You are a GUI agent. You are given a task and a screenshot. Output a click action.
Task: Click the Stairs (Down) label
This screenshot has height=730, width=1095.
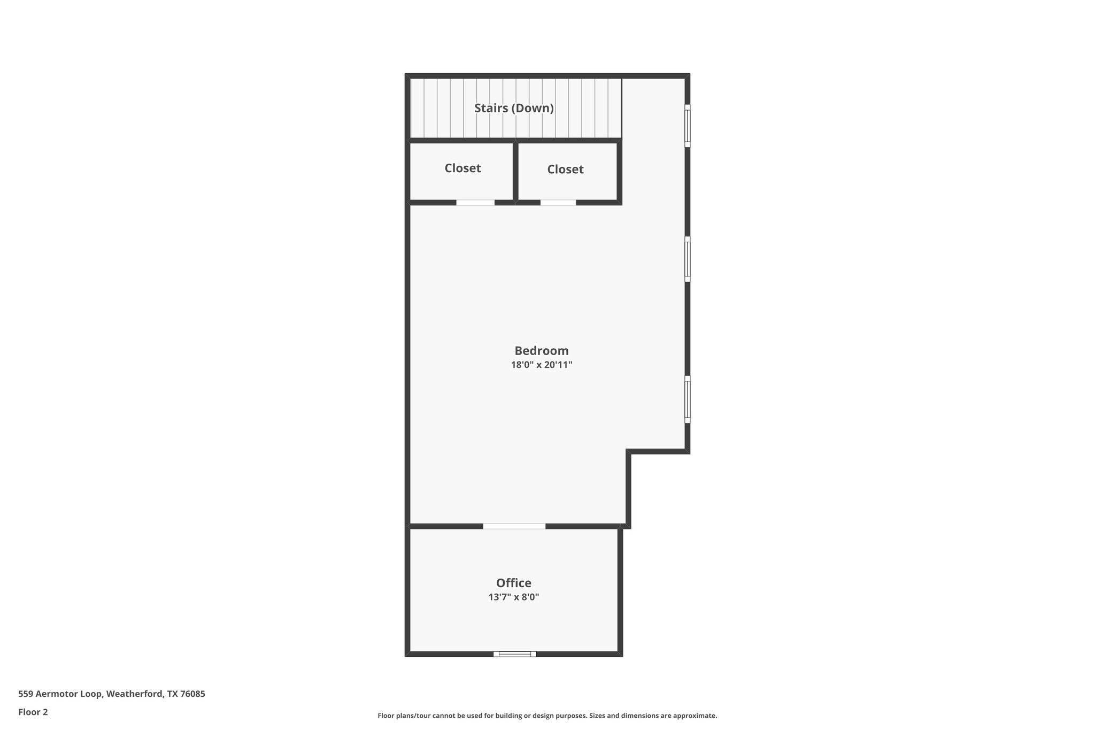pyautogui.click(x=514, y=108)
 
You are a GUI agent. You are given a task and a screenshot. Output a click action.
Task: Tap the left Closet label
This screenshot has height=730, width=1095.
pyautogui.click(x=462, y=168)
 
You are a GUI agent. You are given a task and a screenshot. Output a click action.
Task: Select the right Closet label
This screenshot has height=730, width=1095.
pyautogui.click(x=565, y=170)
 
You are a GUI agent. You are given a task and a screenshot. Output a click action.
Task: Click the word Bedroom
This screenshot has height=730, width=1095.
pyautogui.click(x=541, y=351)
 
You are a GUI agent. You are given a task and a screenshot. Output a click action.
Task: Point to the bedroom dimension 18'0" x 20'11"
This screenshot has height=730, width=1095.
pyautogui.click(x=541, y=365)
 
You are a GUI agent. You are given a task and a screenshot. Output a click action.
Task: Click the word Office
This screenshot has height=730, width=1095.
pyautogui.click(x=513, y=583)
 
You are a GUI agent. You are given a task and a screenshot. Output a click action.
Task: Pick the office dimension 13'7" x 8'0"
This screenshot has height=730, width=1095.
pyautogui.click(x=513, y=597)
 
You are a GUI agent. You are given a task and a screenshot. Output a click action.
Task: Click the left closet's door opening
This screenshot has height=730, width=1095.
pyautogui.click(x=475, y=203)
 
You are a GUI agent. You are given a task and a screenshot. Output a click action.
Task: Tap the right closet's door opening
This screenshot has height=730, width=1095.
pyautogui.click(x=558, y=203)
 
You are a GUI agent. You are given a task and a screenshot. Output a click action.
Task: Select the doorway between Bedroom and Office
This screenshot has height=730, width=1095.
pyautogui.click(x=514, y=526)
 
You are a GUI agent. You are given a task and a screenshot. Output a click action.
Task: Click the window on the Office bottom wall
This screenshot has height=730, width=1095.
pyautogui.click(x=514, y=654)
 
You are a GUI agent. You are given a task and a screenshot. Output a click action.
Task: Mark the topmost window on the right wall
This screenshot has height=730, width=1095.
pyautogui.click(x=688, y=126)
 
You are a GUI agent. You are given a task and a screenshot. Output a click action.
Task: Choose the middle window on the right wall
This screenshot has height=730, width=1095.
pyautogui.click(x=688, y=259)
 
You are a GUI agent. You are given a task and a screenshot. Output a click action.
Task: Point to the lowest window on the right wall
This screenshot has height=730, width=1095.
pyautogui.click(x=688, y=399)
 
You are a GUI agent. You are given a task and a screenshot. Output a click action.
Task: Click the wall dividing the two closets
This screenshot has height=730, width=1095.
pyautogui.click(x=515, y=171)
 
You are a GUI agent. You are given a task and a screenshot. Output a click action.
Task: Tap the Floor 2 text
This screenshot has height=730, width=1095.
pyautogui.click(x=33, y=712)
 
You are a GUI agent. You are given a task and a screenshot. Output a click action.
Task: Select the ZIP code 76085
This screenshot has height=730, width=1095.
pyautogui.click(x=192, y=694)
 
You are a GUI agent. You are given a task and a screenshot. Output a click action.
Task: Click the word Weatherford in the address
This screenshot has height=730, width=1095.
pyautogui.click(x=134, y=694)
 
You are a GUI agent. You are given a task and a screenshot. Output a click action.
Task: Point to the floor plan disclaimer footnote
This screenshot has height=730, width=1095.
pyautogui.click(x=547, y=716)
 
